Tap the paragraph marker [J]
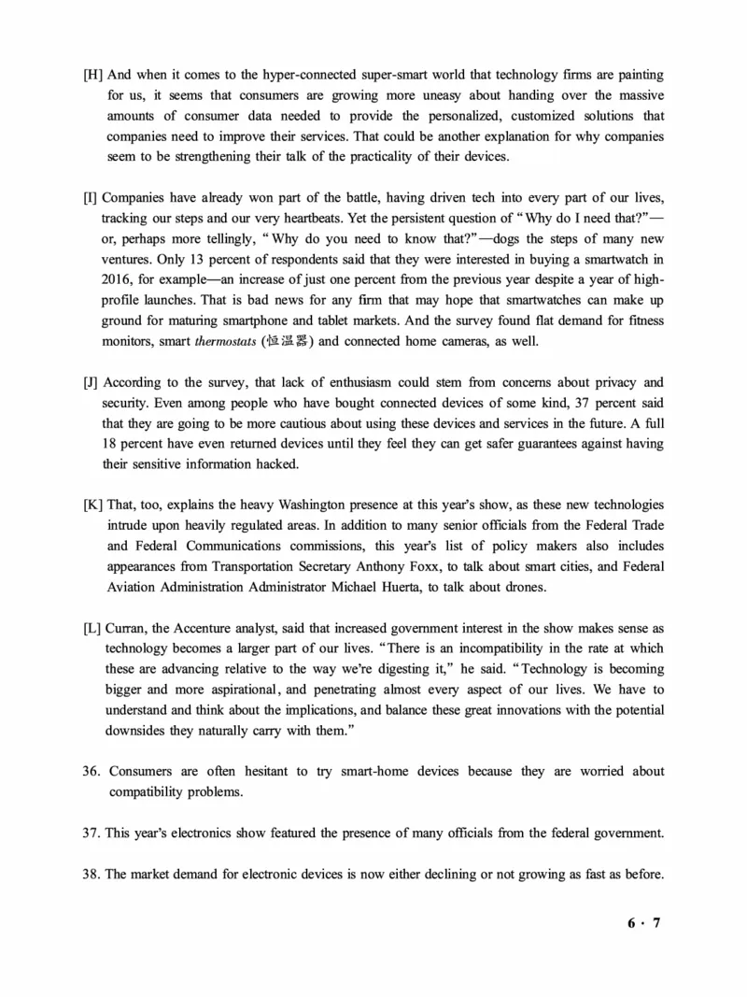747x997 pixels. point(91,382)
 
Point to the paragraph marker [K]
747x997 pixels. point(92,506)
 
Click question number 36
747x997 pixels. point(91,772)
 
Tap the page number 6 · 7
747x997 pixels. point(643,923)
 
